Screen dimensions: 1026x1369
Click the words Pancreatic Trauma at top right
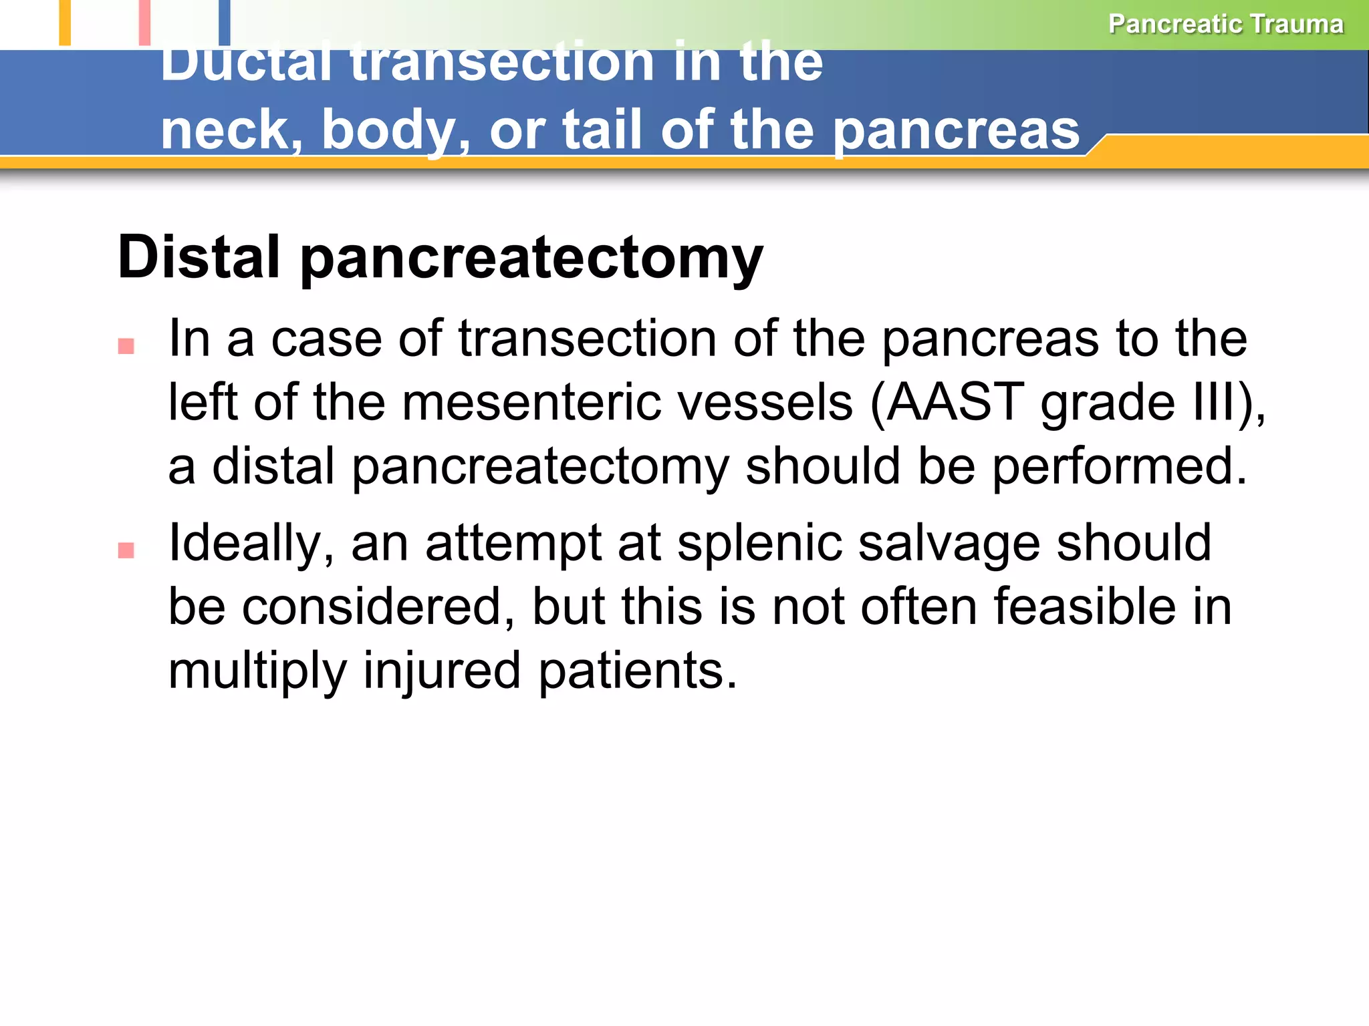tap(1225, 24)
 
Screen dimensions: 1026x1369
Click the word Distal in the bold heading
tap(199, 257)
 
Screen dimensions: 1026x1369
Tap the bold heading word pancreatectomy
tap(531, 260)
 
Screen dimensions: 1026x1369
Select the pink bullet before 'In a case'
tap(126, 346)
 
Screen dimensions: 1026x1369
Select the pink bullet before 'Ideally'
tap(126, 550)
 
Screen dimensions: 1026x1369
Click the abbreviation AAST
tap(955, 402)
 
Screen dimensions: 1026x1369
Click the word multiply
tap(257, 671)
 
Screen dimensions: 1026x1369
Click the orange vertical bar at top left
tap(65, 22)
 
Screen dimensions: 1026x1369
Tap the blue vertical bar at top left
tap(225, 22)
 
